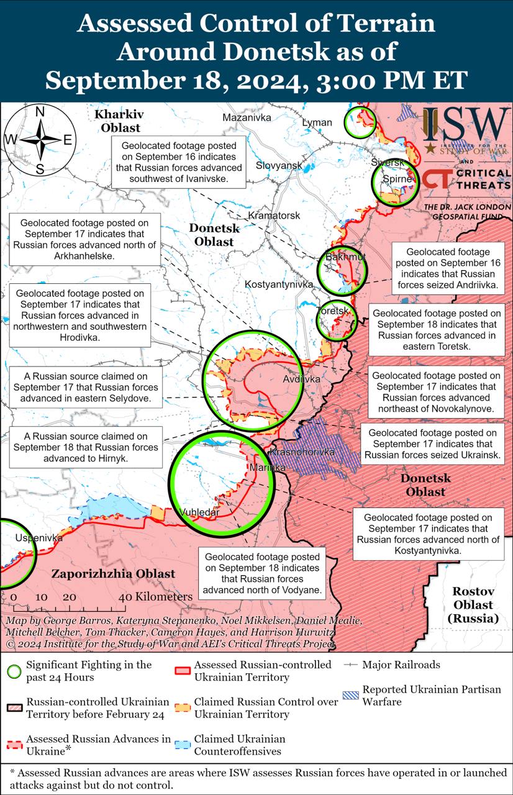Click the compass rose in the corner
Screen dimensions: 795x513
click(39, 140)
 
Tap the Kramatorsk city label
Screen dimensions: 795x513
click(274, 216)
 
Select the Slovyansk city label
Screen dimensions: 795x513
click(279, 165)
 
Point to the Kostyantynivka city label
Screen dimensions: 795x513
click(279, 284)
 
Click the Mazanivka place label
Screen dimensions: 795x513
click(247, 117)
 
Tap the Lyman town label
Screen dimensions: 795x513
click(317, 122)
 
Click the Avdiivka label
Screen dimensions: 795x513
click(301, 379)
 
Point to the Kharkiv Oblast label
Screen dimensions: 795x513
click(117, 121)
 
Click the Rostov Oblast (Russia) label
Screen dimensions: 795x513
click(473, 605)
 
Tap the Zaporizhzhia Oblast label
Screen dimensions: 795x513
click(113, 574)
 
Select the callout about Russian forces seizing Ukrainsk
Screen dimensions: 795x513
click(432, 444)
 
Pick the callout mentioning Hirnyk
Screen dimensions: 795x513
click(86, 447)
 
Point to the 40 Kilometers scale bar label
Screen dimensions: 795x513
click(157, 596)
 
